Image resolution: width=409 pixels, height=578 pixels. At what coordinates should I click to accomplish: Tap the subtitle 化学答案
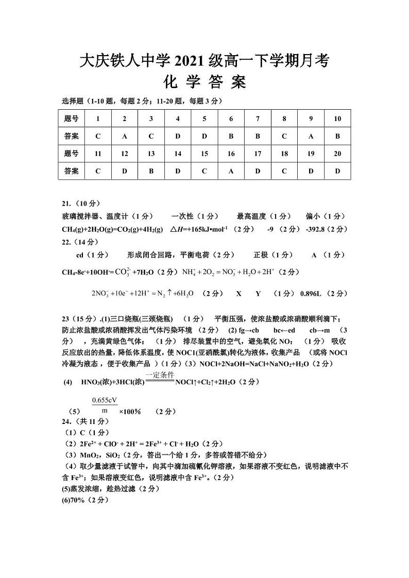(204, 82)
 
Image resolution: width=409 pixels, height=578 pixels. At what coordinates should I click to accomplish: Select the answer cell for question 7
(258, 137)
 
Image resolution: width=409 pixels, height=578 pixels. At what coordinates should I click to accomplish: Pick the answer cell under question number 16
(231, 171)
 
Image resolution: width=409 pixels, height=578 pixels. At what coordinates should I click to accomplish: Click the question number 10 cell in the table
(337, 118)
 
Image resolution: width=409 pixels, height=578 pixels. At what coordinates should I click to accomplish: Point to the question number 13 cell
(151, 154)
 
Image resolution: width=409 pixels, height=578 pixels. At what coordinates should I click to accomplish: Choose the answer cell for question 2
(124, 137)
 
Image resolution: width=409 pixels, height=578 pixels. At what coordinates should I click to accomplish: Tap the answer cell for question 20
(337, 171)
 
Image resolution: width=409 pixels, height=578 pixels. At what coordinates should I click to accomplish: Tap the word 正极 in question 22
(261, 255)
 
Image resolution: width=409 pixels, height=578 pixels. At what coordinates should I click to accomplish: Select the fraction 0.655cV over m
(105, 405)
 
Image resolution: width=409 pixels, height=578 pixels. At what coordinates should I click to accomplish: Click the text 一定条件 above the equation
(160, 376)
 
